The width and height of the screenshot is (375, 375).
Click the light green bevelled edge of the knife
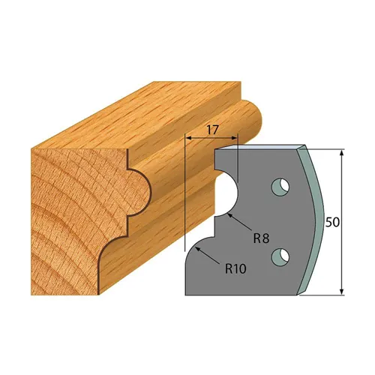click(315, 217)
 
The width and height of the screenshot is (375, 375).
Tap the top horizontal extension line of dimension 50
click(326, 148)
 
